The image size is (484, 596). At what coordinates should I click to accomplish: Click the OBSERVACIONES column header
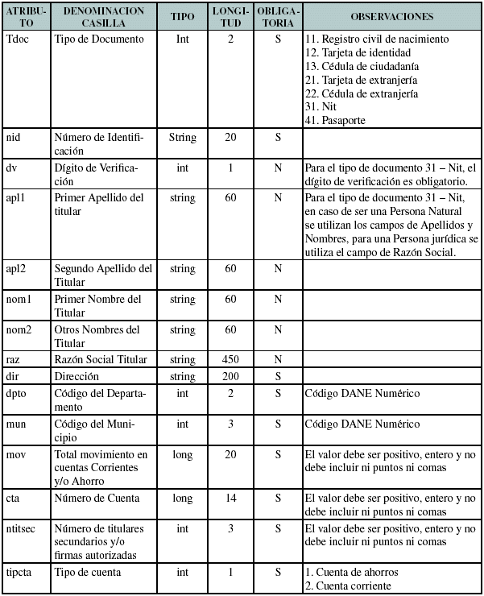[x=392, y=16]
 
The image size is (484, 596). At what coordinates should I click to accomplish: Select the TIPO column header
[x=182, y=16]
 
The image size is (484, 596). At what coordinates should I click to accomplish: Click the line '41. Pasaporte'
[x=335, y=120]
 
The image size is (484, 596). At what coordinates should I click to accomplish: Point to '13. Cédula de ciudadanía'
[x=362, y=66]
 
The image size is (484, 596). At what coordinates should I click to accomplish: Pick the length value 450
[x=230, y=360]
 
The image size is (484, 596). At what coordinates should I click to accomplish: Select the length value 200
[x=230, y=376]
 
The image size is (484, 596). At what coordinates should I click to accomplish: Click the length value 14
[x=230, y=499]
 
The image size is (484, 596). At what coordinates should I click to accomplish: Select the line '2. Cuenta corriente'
[x=348, y=586]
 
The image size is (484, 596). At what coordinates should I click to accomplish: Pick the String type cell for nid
[x=182, y=138]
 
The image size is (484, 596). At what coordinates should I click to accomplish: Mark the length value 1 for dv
[x=230, y=168]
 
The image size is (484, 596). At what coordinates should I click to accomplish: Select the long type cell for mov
[x=182, y=455]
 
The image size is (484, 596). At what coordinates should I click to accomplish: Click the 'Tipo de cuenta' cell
[x=88, y=573]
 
